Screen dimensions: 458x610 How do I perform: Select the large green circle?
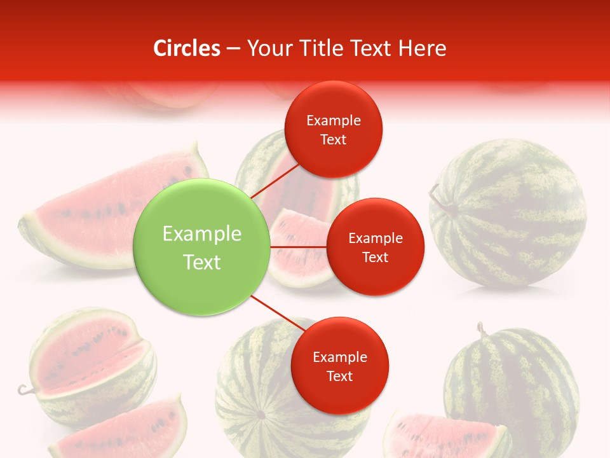[202, 247]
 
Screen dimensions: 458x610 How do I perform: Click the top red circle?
[333, 129]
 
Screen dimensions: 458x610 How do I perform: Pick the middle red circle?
[375, 247]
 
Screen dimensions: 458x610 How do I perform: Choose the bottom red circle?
[339, 366]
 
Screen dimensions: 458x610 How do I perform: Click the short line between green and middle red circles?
[298, 247]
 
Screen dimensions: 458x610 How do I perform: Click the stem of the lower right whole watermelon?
[482, 330]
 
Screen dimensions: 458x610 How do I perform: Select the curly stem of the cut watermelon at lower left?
[24, 389]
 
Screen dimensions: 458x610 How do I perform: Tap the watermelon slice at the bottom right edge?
[445, 436]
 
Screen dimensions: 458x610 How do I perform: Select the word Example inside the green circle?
[202, 234]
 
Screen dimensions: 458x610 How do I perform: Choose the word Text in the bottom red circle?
[339, 376]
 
